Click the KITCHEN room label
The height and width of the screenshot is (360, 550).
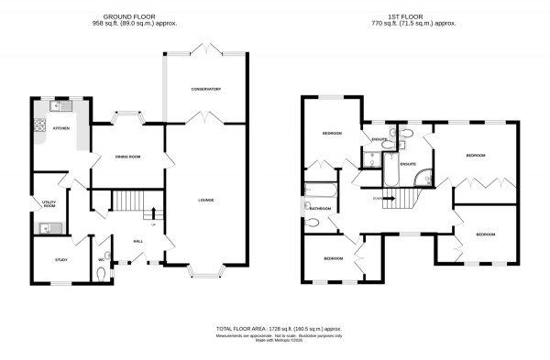[60, 129]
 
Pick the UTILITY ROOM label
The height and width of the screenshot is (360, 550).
[49, 204]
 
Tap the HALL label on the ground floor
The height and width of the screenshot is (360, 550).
[137, 241]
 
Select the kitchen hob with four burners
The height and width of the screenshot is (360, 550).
[40, 127]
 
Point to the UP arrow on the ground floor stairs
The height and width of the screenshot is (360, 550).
[152, 216]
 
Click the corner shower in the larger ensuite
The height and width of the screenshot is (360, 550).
[421, 177]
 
